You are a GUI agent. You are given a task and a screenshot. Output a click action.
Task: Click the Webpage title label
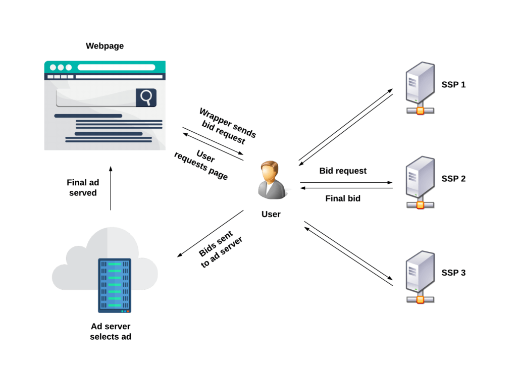click(x=105, y=46)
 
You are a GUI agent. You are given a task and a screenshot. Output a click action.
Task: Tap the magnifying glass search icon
click(x=146, y=97)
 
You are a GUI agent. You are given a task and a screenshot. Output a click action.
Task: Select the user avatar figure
click(x=271, y=180)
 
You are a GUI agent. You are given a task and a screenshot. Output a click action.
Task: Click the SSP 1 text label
click(x=453, y=84)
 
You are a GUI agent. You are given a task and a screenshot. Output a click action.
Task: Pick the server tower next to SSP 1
click(x=420, y=88)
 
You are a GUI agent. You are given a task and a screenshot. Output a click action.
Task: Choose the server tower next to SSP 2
click(x=420, y=182)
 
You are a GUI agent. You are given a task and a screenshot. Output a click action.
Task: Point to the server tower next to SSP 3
click(x=420, y=277)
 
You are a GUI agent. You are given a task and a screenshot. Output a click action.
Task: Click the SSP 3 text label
click(x=453, y=273)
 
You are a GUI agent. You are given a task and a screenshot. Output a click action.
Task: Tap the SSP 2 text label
click(x=453, y=179)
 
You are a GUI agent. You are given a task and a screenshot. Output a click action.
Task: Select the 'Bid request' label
click(x=343, y=171)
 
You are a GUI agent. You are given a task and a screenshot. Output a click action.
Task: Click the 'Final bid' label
click(x=343, y=198)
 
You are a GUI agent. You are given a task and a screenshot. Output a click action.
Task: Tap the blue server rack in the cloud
click(x=114, y=285)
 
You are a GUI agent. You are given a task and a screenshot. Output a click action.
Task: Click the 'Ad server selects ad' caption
click(x=111, y=331)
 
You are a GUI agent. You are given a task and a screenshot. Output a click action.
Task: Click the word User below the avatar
click(x=271, y=214)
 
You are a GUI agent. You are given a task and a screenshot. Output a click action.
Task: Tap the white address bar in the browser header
click(x=116, y=67)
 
